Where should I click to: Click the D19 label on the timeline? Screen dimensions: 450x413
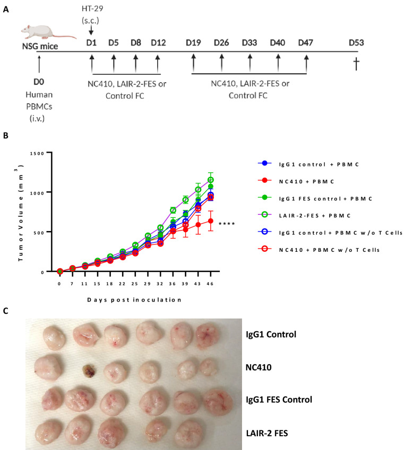click(x=193, y=42)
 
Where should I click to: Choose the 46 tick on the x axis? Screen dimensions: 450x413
click(x=211, y=283)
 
